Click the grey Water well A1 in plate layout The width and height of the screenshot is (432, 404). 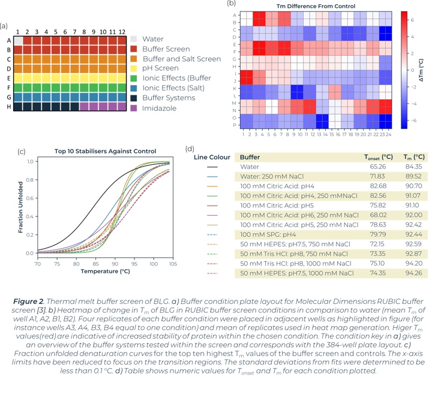[x=19, y=41]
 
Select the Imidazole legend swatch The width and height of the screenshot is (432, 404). [x=133, y=108]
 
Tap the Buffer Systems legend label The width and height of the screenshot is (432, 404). [x=169, y=98]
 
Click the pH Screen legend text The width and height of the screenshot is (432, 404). [x=160, y=68]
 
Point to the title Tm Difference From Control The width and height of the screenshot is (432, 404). [x=316, y=6]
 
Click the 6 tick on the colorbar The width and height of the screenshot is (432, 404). [x=412, y=20]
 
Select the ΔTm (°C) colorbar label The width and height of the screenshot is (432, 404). [x=421, y=70]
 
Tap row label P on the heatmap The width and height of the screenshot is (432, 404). [x=235, y=125]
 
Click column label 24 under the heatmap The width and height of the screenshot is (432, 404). [x=388, y=135]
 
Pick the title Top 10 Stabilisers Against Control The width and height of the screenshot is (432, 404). [x=105, y=151]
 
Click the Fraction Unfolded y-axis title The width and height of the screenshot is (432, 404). [x=20, y=207]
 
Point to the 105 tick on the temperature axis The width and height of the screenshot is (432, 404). [x=173, y=264]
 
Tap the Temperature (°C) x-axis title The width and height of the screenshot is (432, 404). [x=105, y=272]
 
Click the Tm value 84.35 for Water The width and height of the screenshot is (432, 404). [x=413, y=167]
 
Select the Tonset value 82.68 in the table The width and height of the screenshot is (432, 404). [x=378, y=186]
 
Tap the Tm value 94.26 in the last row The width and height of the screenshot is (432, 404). [x=413, y=273]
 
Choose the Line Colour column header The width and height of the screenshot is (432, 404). [x=212, y=157]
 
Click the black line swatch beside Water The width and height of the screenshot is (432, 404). [x=212, y=167]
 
